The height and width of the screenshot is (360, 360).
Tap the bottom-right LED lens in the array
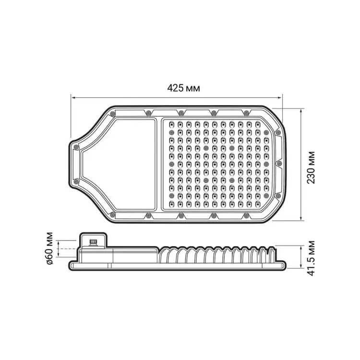257,204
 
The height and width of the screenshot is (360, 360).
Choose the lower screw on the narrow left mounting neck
76,181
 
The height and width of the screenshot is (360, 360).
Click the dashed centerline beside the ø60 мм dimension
67,249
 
